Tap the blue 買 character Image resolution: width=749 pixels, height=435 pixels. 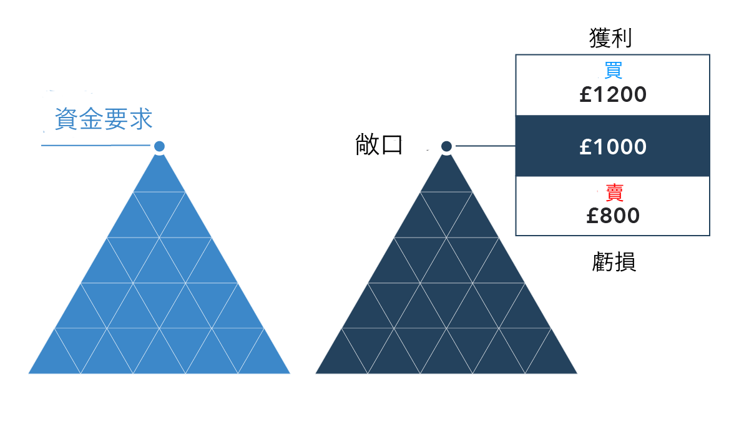pyautogui.click(x=612, y=70)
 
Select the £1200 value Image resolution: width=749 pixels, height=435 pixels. pyautogui.click(x=612, y=95)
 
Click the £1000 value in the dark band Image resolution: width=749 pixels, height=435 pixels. pyautogui.click(x=612, y=147)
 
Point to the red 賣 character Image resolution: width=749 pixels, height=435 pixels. pyautogui.click(x=614, y=192)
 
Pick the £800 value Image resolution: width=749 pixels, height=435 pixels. pyautogui.click(x=612, y=216)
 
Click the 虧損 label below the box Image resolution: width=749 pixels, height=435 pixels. pyautogui.click(x=614, y=262)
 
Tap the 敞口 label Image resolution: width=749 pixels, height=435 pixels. pyautogui.click(x=379, y=145)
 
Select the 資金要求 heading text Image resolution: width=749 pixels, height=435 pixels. pyautogui.click(x=104, y=119)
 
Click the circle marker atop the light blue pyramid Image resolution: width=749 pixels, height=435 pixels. pyautogui.click(x=159, y=146)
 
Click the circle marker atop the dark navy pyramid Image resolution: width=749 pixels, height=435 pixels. pyautogui.click(x=446, y=146)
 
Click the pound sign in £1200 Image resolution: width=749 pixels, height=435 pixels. pyautogui.click(x=585, y=95)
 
